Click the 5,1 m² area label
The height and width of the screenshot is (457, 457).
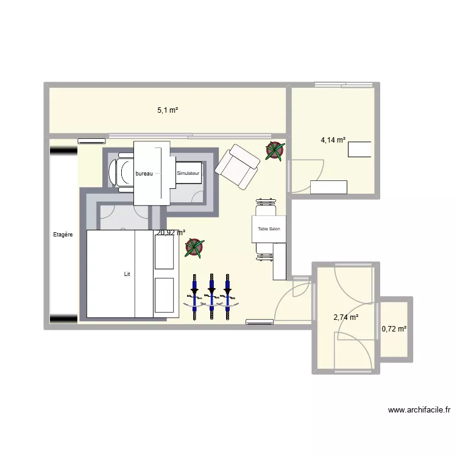168,110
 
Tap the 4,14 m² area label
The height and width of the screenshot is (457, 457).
333,140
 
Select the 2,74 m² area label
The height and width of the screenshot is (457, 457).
345,317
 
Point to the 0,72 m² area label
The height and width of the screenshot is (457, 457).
394,329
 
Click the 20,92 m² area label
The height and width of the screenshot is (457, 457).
171,232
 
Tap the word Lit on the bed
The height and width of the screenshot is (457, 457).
127,274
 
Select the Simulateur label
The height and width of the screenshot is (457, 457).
188,174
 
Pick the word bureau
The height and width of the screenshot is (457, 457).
144,174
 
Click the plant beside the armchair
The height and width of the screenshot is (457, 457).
274,150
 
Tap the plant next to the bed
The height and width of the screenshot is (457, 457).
194,247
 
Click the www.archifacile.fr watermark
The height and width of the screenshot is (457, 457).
419,411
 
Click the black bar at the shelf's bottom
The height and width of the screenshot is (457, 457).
63,317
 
